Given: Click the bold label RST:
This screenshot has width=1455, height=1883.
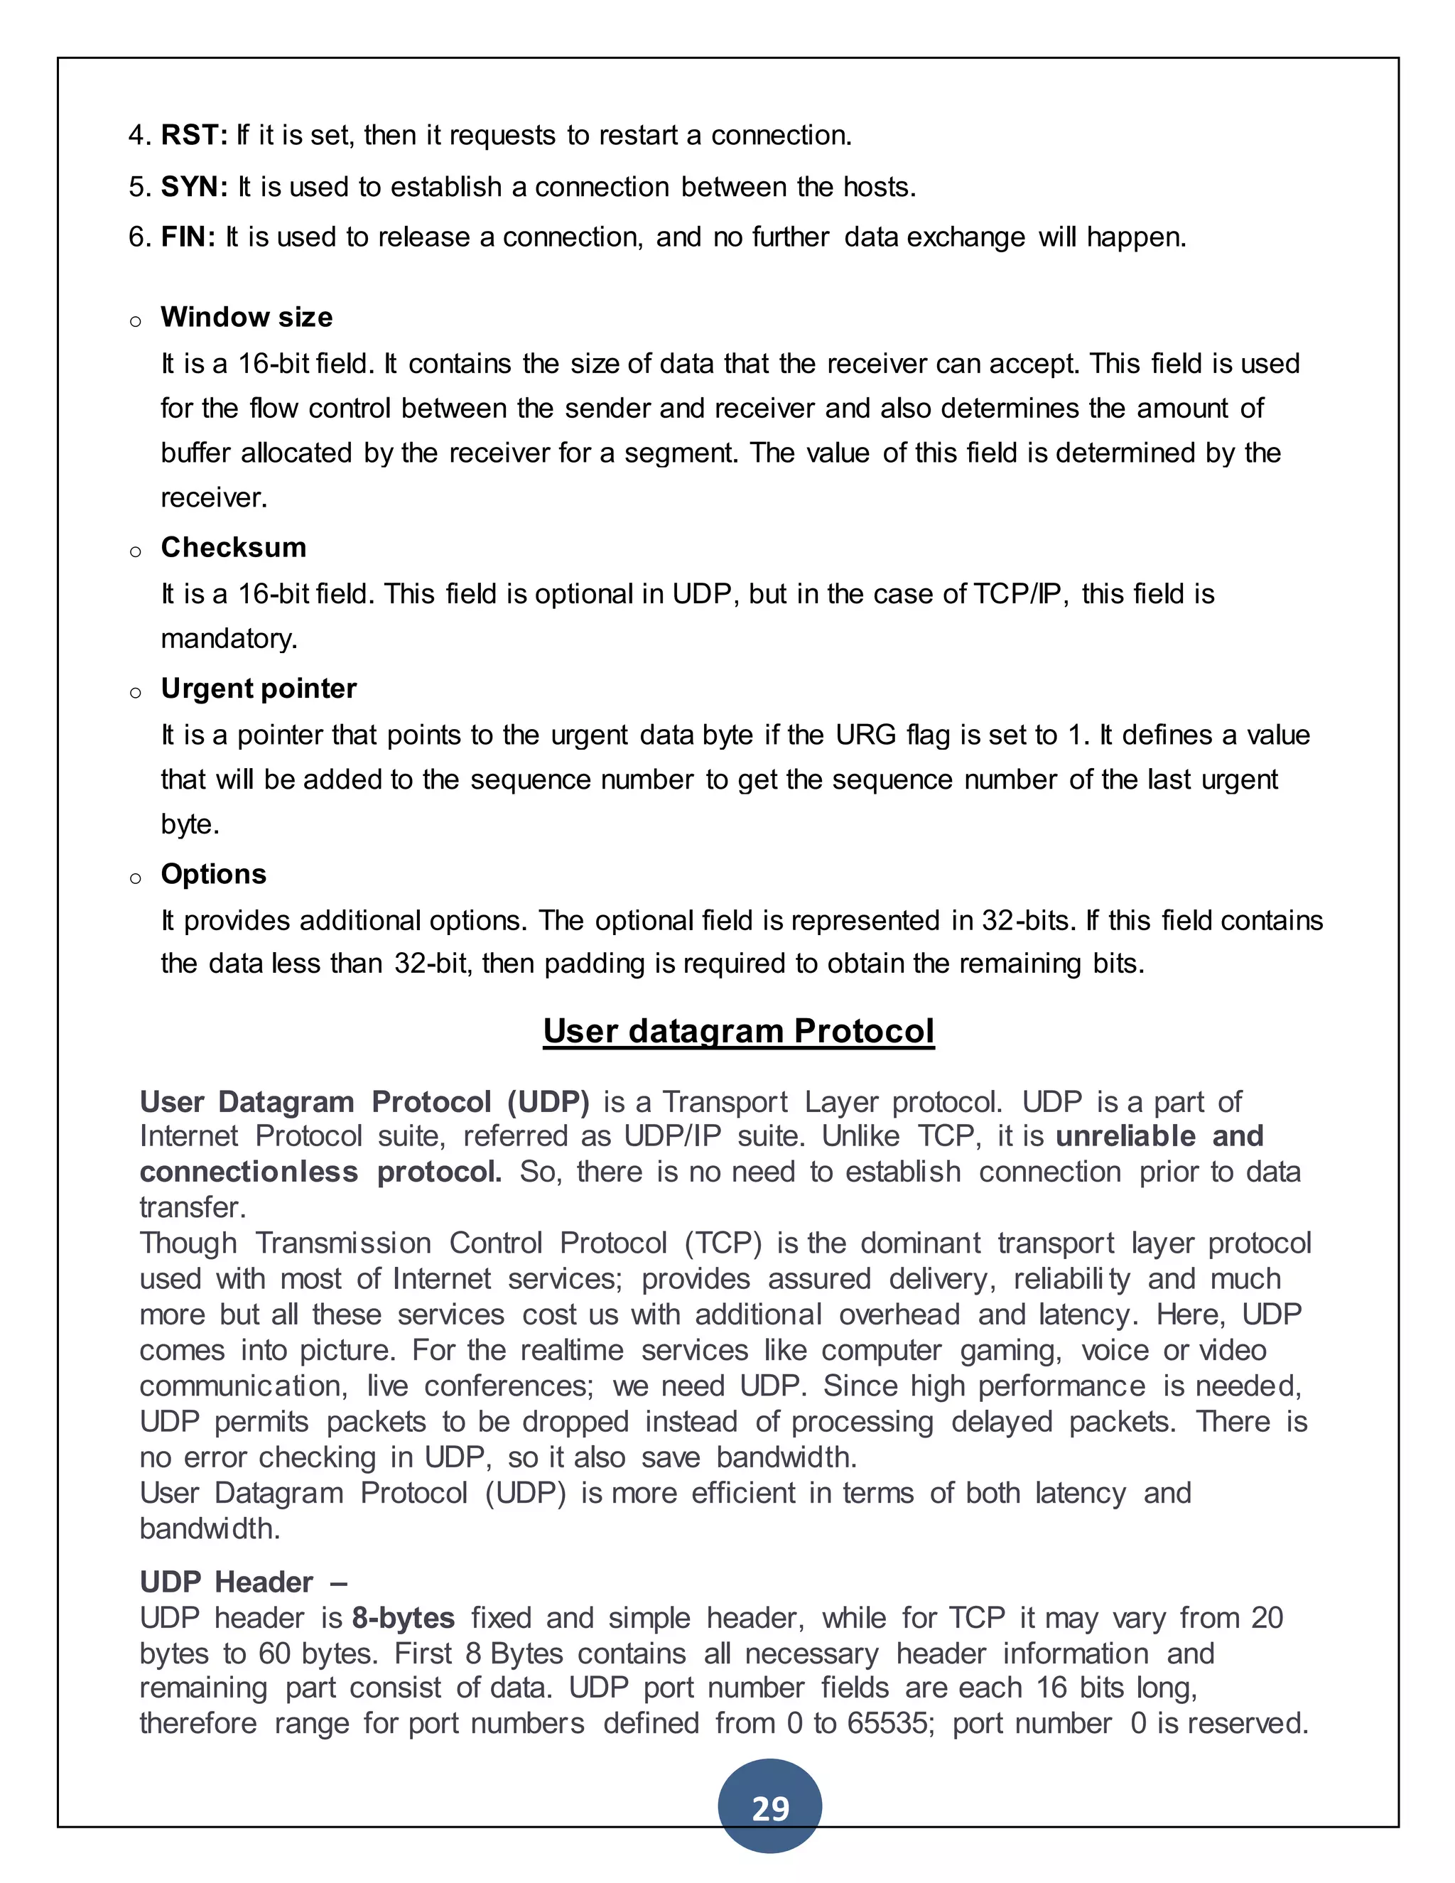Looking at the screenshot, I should pyautogui.click(x=194, y=135).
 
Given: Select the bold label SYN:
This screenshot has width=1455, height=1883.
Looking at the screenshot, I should pyautogui.click(x=194, y=187).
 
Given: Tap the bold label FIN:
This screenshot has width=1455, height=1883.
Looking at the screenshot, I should pyautogui.click(x=188, y=237).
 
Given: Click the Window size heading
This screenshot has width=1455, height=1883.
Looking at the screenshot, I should pyautogui.click(x=247, y=318).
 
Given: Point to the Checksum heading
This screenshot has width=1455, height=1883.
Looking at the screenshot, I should pyautogui.click(x=234, y=547).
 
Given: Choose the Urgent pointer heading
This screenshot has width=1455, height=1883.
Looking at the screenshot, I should pyautogui.click(x=259, y=689).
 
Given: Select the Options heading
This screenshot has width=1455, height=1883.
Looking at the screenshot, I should pyautogui.click(x=214, y=874).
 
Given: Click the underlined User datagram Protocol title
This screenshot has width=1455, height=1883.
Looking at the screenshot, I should pyautogui.click(x=739, y=1031).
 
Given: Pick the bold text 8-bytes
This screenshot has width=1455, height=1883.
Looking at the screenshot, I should pyautogui.click(x=404, y=1618).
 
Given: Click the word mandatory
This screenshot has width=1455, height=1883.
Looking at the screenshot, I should pyautogui.click(x=229, y=639).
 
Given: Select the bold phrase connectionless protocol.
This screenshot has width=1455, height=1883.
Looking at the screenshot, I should pyautogui.click(x=320, y=1172).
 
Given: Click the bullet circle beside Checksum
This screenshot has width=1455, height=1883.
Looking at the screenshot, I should pyautogui.click(x=135, y=552).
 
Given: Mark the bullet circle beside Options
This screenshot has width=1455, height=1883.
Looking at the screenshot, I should pyautogui.click(x=135, y=878).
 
